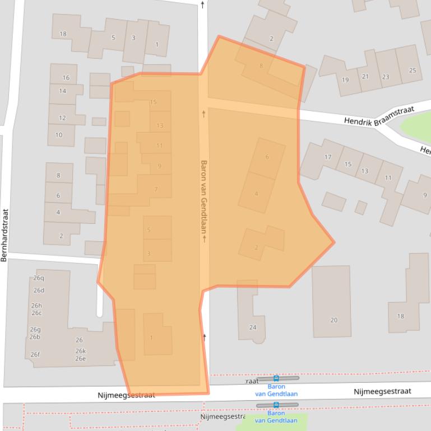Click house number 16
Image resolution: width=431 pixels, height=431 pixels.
[66, 78]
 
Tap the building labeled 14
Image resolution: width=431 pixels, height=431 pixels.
[62, 91]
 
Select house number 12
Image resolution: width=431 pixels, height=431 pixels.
[62, 118]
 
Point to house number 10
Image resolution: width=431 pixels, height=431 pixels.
[59, 135]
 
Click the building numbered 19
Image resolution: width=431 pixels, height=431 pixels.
[345, 80]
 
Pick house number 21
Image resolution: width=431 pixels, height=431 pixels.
[365, 77]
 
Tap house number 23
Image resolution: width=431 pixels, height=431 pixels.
[386, 77]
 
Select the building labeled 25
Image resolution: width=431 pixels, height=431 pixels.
[413, 71]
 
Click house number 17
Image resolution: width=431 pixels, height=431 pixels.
[328, 157]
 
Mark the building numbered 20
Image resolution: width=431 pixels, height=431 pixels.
[334, 320]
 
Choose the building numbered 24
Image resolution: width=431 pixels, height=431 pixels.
[253, 327]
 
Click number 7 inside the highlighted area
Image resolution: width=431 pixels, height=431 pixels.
[156, 190]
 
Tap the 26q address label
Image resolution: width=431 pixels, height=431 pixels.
[39, 278]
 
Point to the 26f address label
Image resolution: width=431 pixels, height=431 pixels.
[35, 354]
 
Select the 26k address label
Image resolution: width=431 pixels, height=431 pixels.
[81, 352]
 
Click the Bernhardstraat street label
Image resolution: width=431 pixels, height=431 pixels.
[4, 235]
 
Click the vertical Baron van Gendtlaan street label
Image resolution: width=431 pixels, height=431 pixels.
[204, 201]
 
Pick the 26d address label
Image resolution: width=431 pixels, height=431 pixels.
[39, 291]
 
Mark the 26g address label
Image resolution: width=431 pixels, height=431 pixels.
[35, 330]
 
